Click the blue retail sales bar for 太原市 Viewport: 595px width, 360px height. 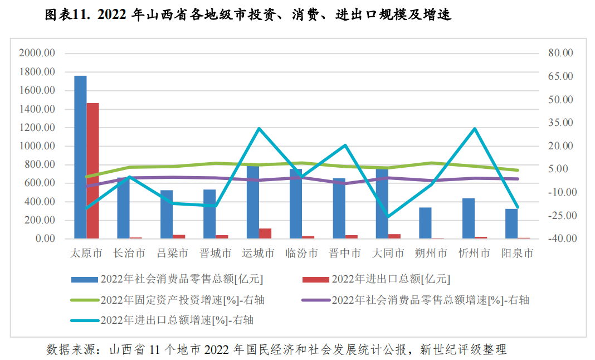pos(80,157)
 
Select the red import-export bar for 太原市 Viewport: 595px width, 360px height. pos(92,171)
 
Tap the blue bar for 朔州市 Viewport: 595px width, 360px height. pos(426,223)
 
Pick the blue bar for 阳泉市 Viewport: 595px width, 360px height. pos(511,223)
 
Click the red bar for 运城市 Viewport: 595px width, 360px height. pos(265,233)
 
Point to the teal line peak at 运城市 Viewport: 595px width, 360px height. pos(259,129)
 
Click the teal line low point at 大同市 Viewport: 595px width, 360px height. pos(388,216)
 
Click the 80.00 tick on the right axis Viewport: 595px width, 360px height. pos(560,53)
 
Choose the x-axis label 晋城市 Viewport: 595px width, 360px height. pos(216,254)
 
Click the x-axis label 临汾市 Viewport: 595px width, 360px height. pos(302,254)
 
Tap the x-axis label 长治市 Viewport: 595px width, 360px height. pos(129,254)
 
